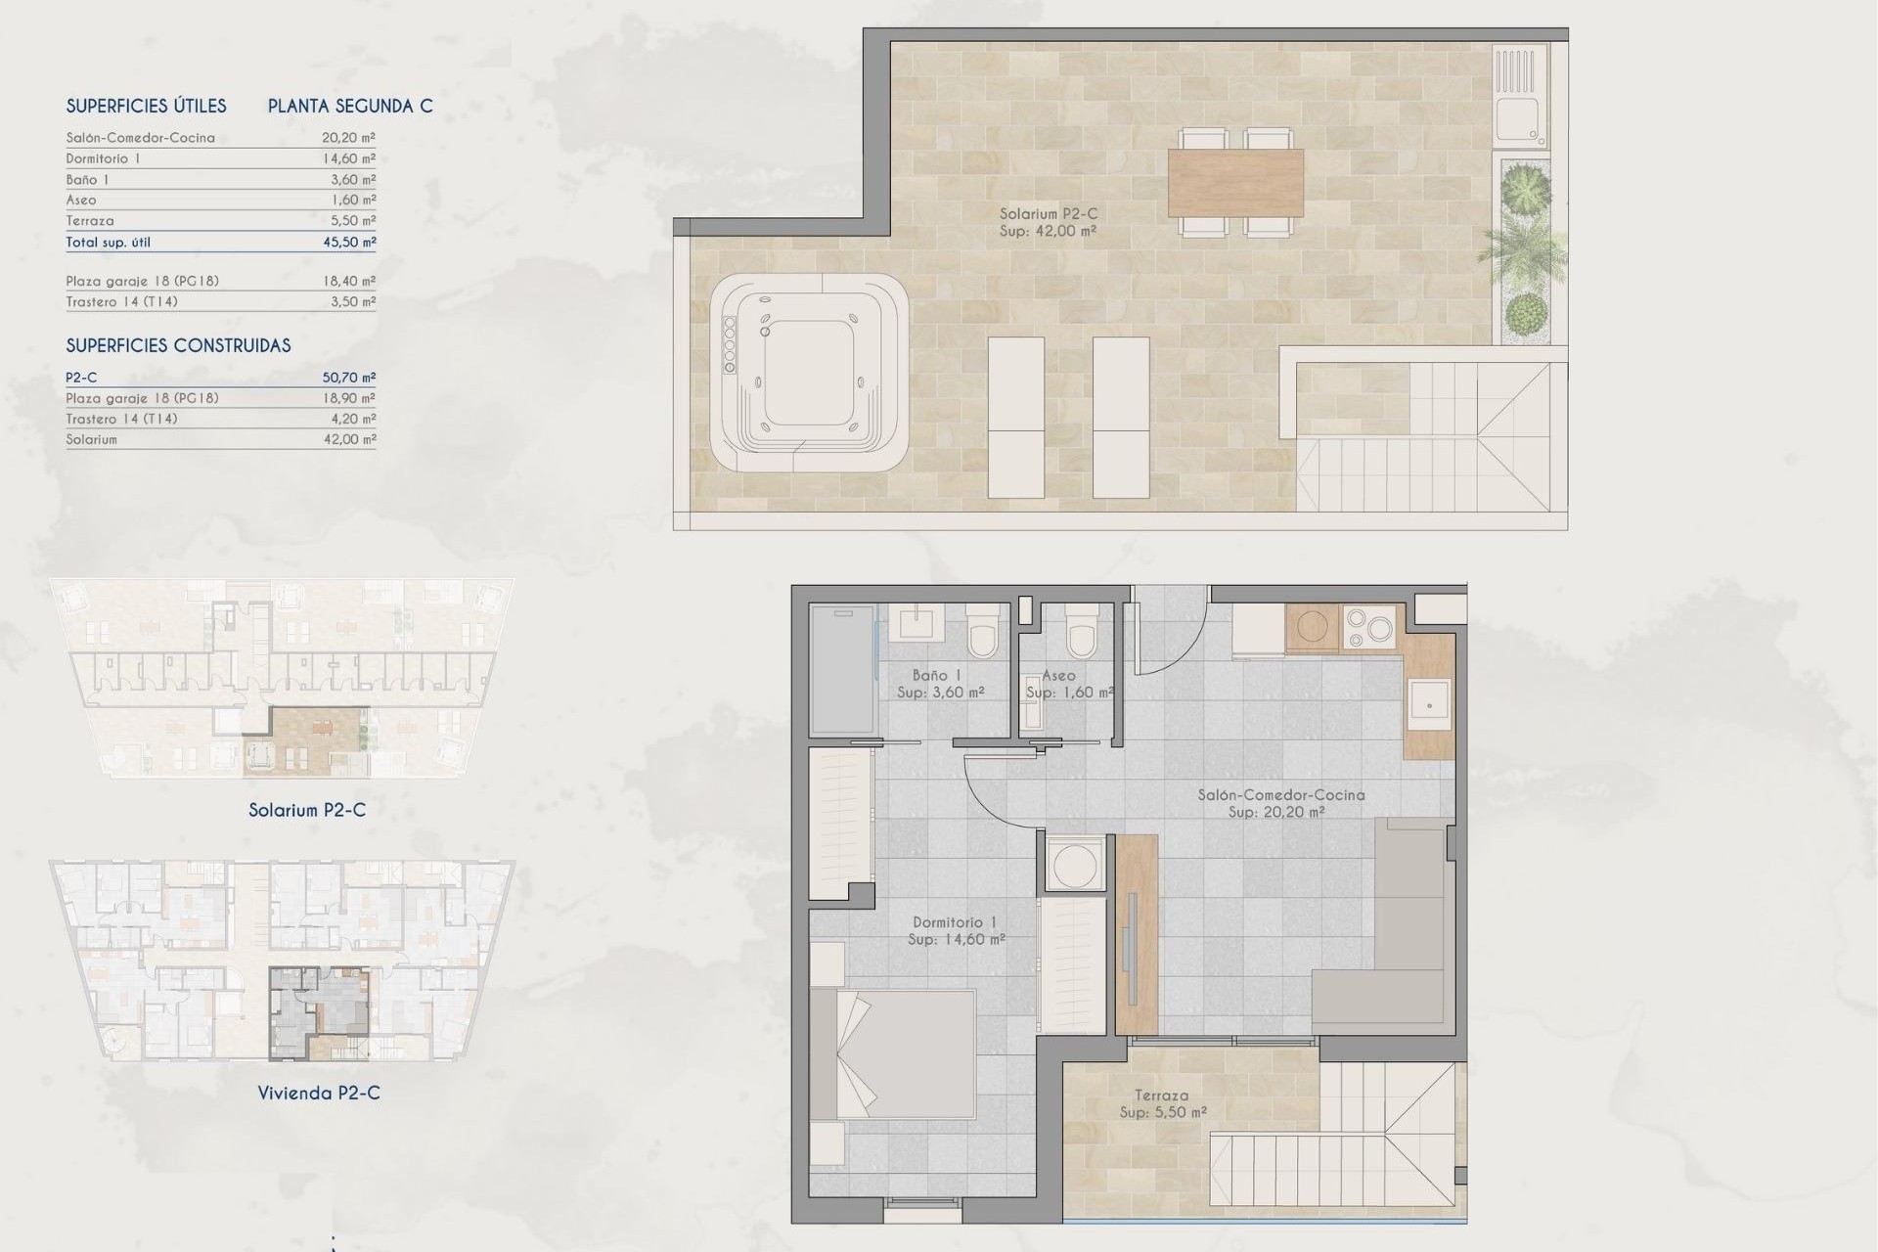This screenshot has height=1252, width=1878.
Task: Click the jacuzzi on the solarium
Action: [808, 373]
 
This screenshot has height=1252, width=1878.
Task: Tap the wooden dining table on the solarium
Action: [1235, 182]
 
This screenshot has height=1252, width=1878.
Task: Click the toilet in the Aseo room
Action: [1081, 631]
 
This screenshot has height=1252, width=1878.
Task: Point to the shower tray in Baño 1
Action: [842, 670]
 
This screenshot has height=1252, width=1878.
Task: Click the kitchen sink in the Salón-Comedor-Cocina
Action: [1428, 703]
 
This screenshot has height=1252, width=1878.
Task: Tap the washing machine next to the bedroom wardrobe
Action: [1074, 864]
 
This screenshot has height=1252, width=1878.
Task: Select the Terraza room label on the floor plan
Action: [1162, 1095]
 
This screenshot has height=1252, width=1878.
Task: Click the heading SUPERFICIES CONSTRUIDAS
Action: [178, 345]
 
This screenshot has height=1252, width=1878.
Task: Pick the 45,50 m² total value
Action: [349, 242]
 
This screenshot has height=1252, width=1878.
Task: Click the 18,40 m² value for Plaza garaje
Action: [349, 281]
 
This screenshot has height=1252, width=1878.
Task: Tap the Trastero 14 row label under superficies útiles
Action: [122, 301]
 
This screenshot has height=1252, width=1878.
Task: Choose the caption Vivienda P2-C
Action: [319, 1093]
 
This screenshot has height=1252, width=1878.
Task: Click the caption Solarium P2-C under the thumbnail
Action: [307, 810]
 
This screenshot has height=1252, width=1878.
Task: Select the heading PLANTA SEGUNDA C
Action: [350, 106]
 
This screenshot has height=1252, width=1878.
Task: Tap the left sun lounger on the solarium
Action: [1016, 418]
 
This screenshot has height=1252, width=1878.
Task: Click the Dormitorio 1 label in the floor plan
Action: [955, 921]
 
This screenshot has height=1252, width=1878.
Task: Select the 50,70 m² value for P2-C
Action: [349, 378]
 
